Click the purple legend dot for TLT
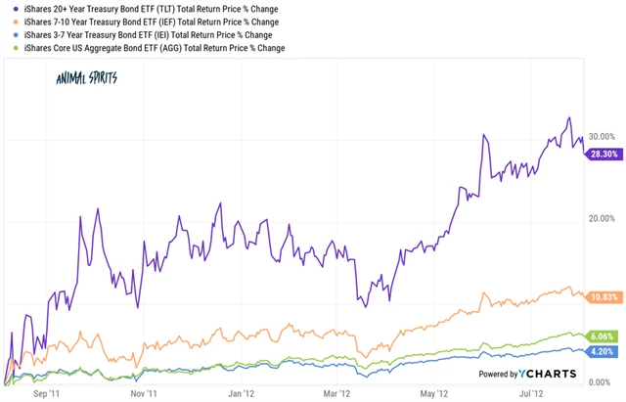coord(7,9)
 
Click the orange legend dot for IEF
coord(7,22)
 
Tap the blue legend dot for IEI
coord(7,34)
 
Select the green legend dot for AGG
coord(7,47)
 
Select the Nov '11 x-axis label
coord(144,394)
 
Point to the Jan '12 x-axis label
coord(241,394)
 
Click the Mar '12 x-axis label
coord(335,394)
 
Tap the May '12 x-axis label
coord(432,394)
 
